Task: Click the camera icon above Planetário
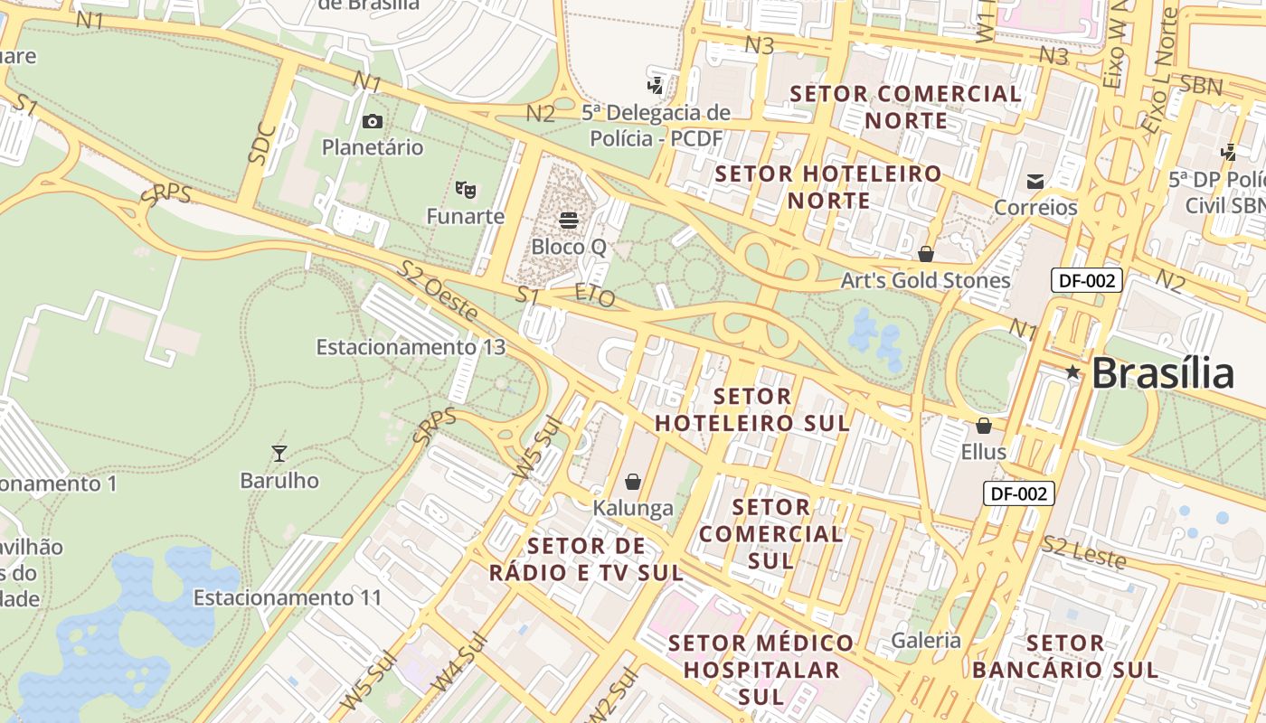372,121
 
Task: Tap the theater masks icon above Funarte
466,189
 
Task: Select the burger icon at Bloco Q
569,220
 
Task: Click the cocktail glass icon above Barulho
279,453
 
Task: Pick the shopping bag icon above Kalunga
633,481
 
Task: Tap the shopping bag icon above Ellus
984,425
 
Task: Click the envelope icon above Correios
1035,182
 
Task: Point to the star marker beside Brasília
1072,371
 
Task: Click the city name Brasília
1163,373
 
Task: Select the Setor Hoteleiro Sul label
752,409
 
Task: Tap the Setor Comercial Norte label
906,107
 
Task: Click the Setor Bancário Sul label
1065,656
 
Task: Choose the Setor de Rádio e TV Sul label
586,559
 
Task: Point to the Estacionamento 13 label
411,347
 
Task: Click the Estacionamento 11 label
288,597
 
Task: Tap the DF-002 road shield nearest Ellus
1018,493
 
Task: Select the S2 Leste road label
1083,552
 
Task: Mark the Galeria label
926,641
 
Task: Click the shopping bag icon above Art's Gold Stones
925,254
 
